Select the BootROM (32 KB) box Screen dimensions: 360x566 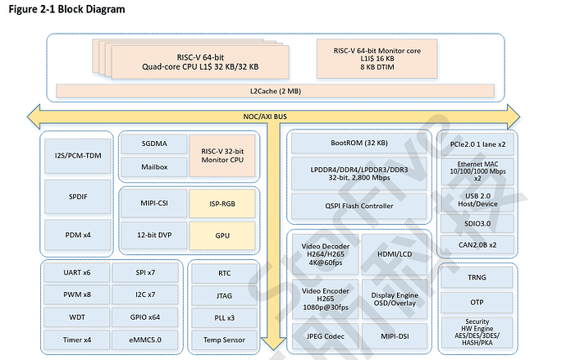[x=358, y=143]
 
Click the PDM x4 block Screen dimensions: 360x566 [x=79, y=235]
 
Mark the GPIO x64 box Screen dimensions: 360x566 [x=145, y=317]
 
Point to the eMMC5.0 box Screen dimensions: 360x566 [x=145, y=339]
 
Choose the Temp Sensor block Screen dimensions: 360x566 [x=224, y=339]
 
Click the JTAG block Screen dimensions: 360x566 [x=224, y=294]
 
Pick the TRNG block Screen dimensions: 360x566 [x=477, y=277]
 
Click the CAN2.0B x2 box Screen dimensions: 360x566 [x=477, y=244]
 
